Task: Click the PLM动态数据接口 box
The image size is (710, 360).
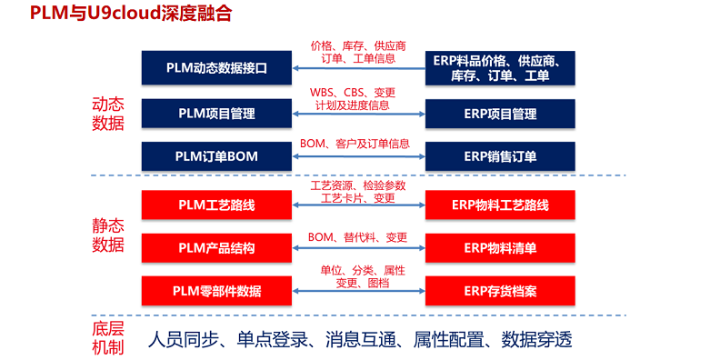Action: (216, 67)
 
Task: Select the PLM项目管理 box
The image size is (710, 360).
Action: (216, 114)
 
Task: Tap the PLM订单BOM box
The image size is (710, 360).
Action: (216, 156)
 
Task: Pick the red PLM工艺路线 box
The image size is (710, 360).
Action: (216, 205)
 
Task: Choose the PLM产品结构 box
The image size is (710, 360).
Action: (216, 247)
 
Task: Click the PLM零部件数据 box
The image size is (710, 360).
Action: (216, 291)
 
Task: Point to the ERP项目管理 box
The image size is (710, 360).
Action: (499, 114)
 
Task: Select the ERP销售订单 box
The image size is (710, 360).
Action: (499, 156)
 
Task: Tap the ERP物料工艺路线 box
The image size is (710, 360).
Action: (499, 205)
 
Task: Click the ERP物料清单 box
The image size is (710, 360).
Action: (499, 247)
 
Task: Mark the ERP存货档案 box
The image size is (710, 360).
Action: (499, 291)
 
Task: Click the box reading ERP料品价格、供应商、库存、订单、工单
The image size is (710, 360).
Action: (499, 67)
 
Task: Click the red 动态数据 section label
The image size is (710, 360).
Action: (108, 114)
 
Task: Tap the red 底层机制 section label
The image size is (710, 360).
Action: (108, 337)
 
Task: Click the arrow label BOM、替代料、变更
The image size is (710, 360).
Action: (357, 237)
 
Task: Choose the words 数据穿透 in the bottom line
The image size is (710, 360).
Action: (538, 339)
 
